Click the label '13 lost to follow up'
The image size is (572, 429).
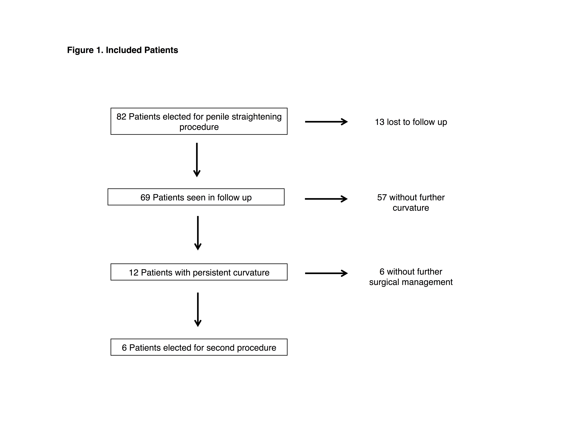pyautogui.click(x=411, y=122)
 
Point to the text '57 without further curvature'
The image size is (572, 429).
pyautogui.click(x=411, y=202)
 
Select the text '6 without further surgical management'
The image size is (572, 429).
pyautogui.click(x=411, y=277)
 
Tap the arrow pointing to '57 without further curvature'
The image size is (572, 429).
pyautogui.click(x=326, y=199)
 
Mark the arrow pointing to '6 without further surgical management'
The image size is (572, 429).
pyautogui.click(x=326, y=273)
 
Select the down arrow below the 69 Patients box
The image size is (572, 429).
pyautogui.click(x=198, y=233)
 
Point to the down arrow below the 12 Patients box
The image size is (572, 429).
pyautogui.click(x=198, y=310)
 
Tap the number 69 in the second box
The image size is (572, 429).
pyautogui.click(x=145, y=198)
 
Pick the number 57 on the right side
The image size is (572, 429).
pyautogui.click(x=382, y=198)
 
